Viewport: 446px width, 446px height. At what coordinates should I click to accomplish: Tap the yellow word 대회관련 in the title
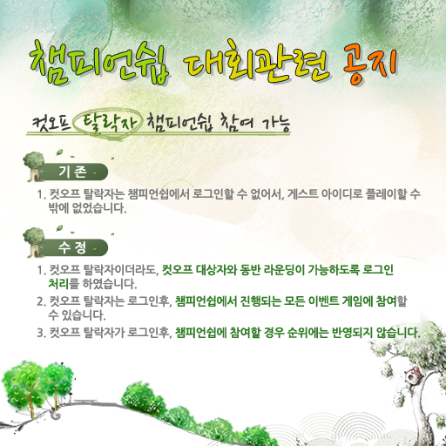click(x=256, y=62)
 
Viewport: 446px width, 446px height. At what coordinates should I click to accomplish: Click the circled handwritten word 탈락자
click(x=110, y=124)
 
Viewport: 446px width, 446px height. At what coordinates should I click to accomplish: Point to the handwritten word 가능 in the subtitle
click(x=276, y=125)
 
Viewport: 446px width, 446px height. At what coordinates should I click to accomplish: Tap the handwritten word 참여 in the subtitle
click(x=237, y=123)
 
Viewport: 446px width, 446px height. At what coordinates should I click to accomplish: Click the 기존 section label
click(x=72, y=172)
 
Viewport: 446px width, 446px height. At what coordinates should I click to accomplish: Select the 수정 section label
click(x=72, y=247)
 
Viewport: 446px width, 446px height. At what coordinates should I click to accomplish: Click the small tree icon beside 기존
click(x=34, y=166)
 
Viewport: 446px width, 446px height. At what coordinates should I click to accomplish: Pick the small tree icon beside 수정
click(x=34, y=243)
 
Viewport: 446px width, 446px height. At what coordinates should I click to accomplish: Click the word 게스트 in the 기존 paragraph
click(x=302, y=194)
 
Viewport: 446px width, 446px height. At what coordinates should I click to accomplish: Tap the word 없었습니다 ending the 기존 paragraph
click(x=99, y=208)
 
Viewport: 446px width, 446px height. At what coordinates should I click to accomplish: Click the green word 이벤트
click(x=323, y=301)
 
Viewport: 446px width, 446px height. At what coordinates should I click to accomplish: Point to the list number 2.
click(x=41, y=301)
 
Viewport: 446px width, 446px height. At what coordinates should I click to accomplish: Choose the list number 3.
click(x=41, y=333)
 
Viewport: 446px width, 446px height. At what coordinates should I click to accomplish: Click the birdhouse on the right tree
click(x=412, y=375)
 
